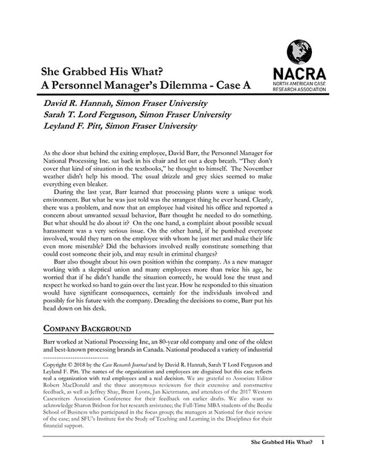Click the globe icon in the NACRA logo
pyautogui.click(x=297, y=51)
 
